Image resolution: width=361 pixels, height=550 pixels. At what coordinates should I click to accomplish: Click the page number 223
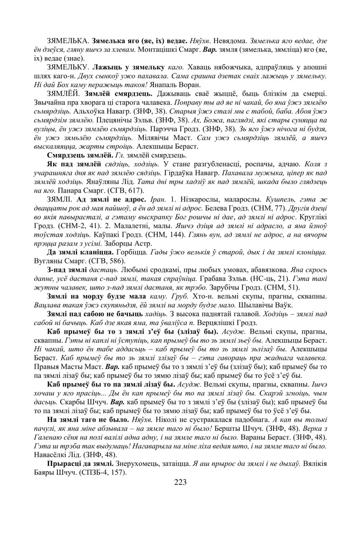coord(180,482)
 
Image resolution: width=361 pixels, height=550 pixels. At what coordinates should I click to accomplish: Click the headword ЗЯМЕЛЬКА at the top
coord(66,41)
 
